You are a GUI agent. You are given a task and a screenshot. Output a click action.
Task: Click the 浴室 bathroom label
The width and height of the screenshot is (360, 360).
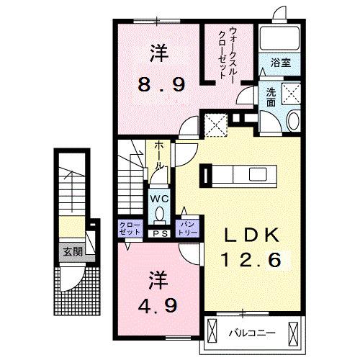(282, 63)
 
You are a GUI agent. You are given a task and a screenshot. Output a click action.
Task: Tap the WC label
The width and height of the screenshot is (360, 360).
(158, 196)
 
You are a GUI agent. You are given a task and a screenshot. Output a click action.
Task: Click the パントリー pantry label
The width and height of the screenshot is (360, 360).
(189, 230)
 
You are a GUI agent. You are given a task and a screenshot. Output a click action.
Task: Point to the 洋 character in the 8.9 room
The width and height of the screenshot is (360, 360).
(160, 52)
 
